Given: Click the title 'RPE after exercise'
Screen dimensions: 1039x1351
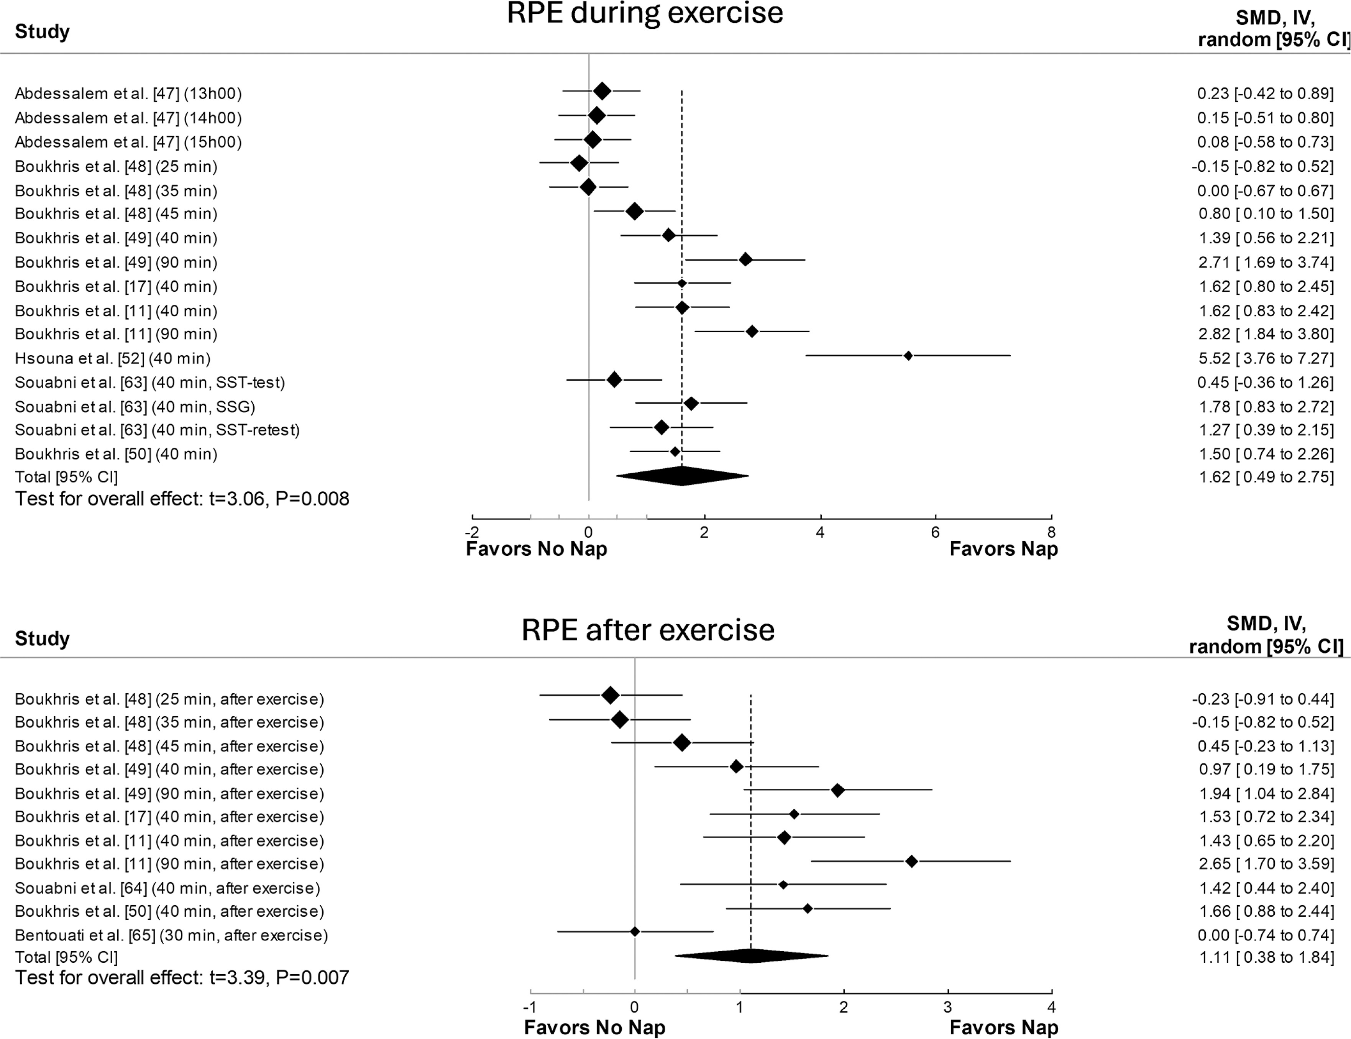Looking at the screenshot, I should click(647, 630).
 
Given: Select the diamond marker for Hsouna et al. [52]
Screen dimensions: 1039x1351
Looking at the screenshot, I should click(908, 356).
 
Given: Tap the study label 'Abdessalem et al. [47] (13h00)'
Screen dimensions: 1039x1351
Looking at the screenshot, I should click(128, 94).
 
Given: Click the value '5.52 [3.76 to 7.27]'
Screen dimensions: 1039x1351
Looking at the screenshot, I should click(1265, 358).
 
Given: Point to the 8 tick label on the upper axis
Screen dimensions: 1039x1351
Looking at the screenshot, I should click(1051, 532).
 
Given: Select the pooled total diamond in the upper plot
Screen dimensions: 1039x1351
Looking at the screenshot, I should click(681, 476).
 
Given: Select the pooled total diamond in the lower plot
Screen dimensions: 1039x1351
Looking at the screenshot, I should click(751, 956).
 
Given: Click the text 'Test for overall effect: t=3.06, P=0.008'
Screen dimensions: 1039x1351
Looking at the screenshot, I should click(182, 499).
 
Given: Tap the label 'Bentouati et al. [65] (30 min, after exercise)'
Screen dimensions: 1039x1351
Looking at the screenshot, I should click(171, 935).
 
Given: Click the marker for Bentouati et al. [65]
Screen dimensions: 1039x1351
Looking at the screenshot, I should click(634, 931).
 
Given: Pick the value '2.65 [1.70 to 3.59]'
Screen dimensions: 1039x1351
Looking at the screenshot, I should click(1265, 864).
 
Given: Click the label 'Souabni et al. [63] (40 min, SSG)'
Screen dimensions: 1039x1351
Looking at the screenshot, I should click(135, 406).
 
